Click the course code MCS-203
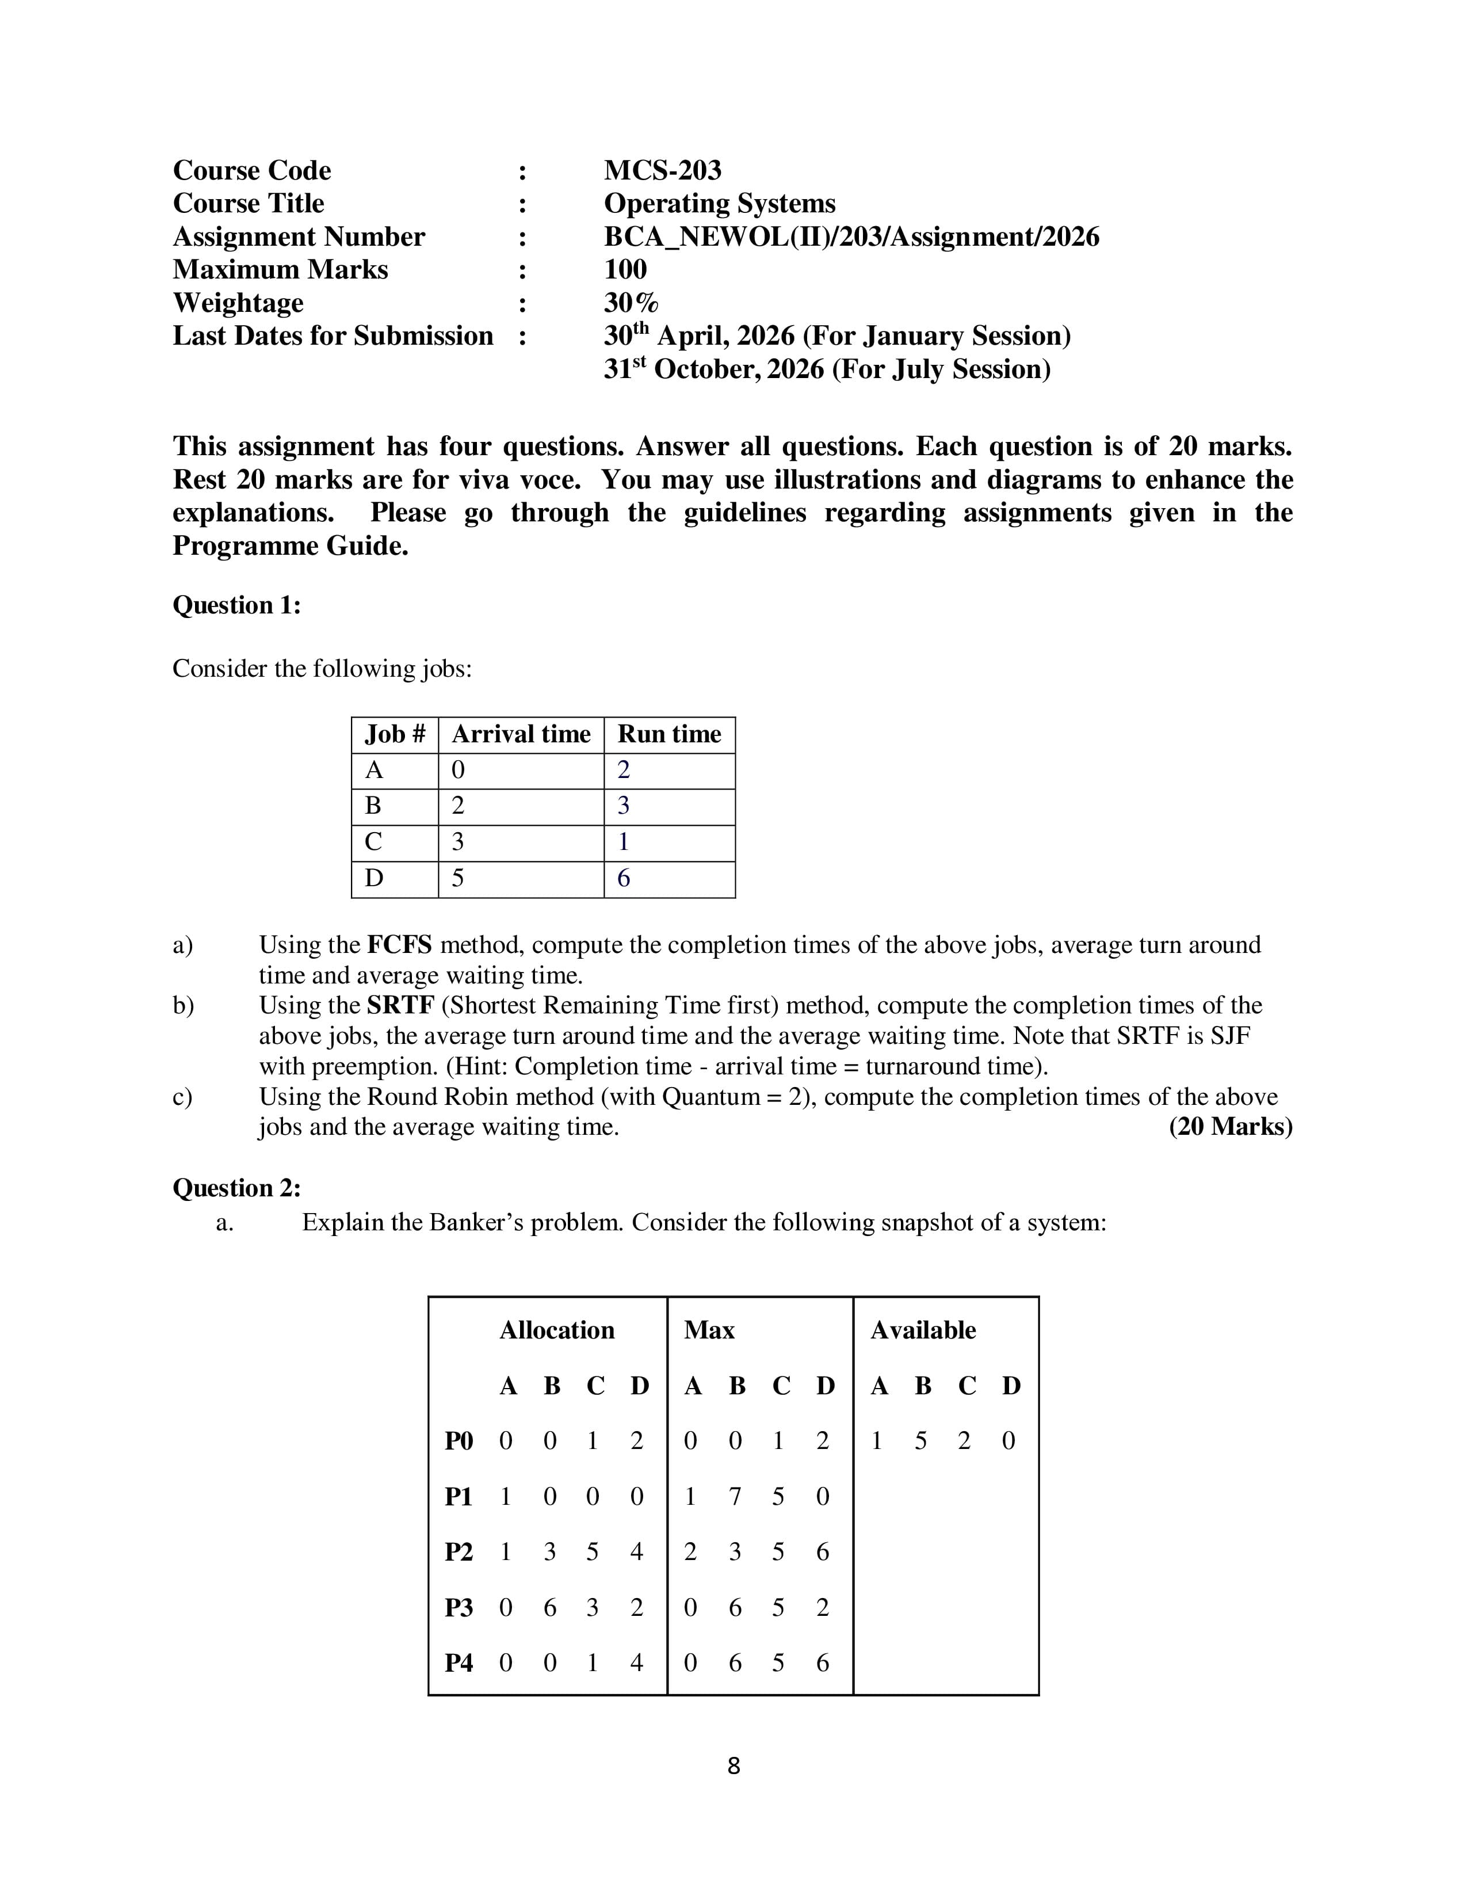coord(662,170)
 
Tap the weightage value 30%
coord(631,303)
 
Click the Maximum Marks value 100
coord(625,269)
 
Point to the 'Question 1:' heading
coord(236,605)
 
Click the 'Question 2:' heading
coord(236,1188)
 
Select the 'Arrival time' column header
coord(521,735)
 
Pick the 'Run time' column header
coord(668,735)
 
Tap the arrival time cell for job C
coord(458,842)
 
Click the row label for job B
coord(374,806)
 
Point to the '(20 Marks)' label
coord(1230,1127)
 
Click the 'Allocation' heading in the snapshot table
coord(556,1330)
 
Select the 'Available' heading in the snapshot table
coord(922,1330)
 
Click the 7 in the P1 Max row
coord(735,1496)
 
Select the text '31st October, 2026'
coord(713,369)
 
